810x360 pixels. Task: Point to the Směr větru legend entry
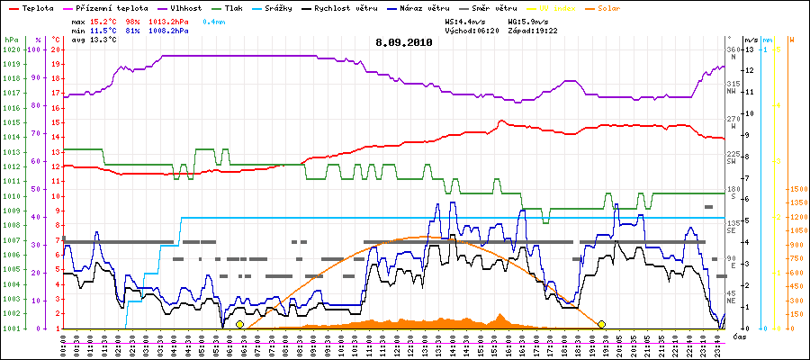pos(490,8)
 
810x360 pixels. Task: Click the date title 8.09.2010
pos(404,41)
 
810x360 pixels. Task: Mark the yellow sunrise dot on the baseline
pos(239,324)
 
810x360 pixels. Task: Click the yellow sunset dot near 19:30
pos(601,324)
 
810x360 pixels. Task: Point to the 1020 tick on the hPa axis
pos(11,49)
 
